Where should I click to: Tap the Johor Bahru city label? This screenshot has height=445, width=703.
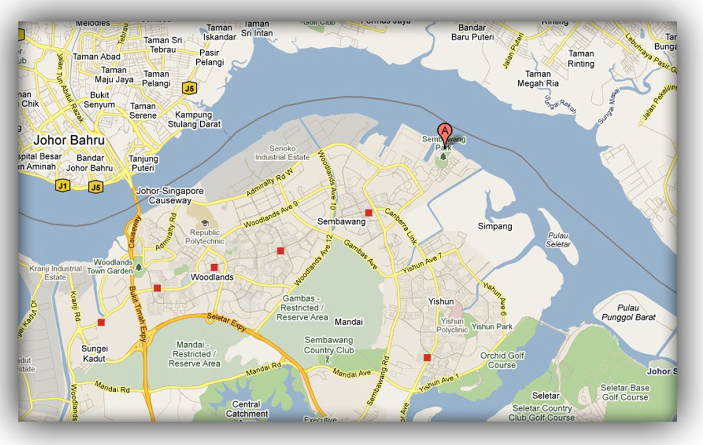pyautogui.click(x=69, y=140)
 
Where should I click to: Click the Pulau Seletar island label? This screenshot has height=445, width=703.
pyautogui.click(x=558, y=240)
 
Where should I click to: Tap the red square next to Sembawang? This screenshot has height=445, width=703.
pyautogui.click(x=368, y=212)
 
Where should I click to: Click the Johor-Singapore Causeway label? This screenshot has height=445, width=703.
pyautogui.click(x=170, y=196)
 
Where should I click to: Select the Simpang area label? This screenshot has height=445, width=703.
pyautogui.click(x=495, y=226)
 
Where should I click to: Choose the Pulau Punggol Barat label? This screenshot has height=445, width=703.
pyautogui.click(x=628, y=313)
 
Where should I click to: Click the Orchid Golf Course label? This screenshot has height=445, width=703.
pyautogui.click(x=502, y=360)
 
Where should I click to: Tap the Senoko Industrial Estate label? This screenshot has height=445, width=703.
pyautogui.click(x=282, y=153)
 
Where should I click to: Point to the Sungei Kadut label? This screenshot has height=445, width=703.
pyautogui.click(x=95, y=354)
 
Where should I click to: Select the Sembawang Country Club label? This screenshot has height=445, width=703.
pyautogui.click(x=329, y=345)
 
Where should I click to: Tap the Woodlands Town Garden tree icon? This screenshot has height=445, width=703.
pyautogui.click(x=138, y=268)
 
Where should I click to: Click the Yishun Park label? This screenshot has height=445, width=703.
pyautogui.click(x=492, y=327)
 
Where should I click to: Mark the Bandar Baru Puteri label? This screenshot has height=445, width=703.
pyautogui.click(x=472, y=32)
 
